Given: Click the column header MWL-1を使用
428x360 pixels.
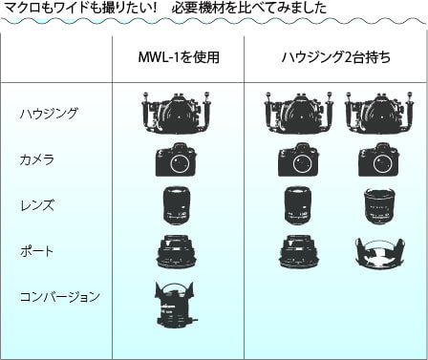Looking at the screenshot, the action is click(179, 57).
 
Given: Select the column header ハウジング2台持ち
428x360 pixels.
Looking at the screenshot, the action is click(336, 57).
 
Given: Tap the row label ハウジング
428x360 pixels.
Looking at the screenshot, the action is click(49, 114).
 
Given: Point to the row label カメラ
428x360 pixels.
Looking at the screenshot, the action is click(37, 159).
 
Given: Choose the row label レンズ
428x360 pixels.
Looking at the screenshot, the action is click(37, 205).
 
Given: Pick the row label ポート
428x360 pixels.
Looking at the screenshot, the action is click(37, 251).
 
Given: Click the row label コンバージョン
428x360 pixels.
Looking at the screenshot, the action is click(60, 297).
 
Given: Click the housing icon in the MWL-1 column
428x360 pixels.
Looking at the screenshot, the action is click(177, 113).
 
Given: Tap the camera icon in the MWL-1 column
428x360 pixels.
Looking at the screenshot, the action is click(176, 159).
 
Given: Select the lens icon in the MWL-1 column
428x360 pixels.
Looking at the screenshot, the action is click(176, 205).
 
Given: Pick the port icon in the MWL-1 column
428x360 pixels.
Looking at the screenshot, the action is click(176, 251).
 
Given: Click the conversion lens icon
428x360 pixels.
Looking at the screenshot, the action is click(175, 304).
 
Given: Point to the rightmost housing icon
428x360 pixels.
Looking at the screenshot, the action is click(379, 113).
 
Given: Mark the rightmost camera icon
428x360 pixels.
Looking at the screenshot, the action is click(378, 159).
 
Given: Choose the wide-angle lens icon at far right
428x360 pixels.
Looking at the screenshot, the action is click(379, 205).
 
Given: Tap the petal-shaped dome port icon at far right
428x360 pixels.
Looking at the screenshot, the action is click(380, 252).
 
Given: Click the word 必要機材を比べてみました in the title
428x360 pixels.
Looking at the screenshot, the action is click(249, 8).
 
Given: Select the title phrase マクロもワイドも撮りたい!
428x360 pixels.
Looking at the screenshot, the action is click(80, 8).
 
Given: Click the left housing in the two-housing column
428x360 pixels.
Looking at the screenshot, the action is click(299, 113).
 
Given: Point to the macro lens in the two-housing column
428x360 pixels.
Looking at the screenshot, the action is click(298, 205).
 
